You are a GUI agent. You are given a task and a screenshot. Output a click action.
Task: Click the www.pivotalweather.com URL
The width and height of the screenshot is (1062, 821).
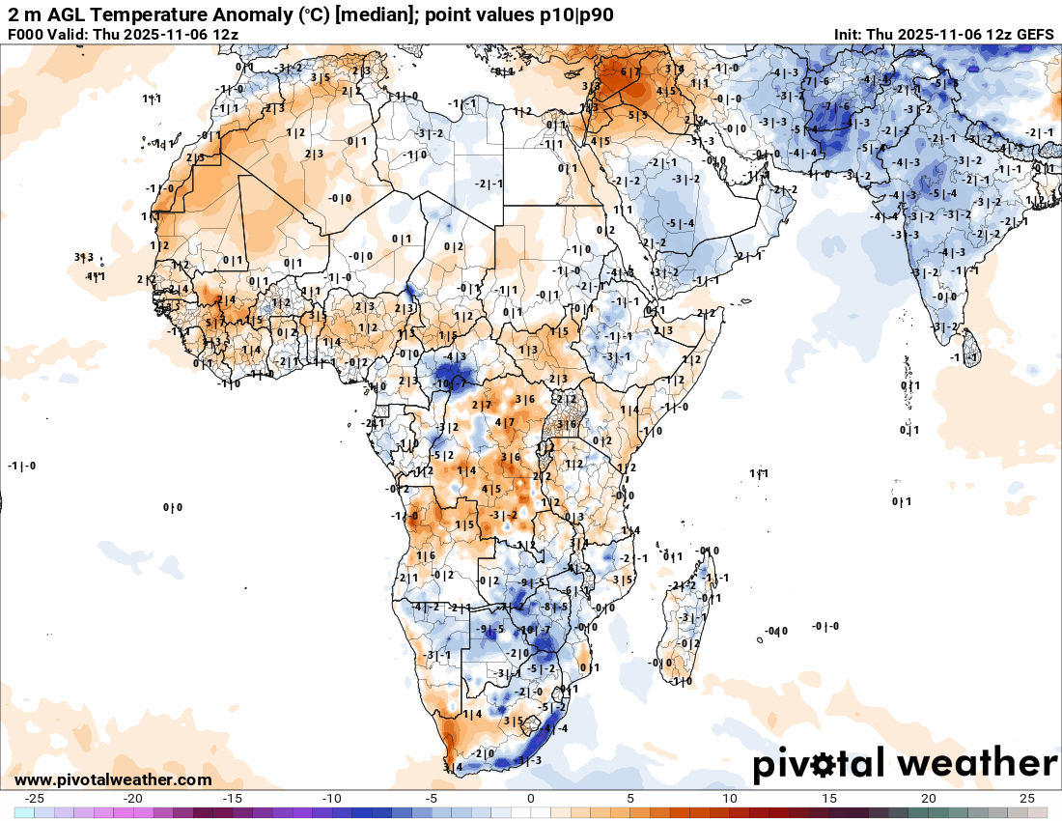point(113,779)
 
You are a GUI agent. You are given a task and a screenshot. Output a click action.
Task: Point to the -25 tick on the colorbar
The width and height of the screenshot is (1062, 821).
point(35,798)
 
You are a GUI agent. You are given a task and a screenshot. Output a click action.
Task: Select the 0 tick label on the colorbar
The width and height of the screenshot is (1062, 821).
point(531,798)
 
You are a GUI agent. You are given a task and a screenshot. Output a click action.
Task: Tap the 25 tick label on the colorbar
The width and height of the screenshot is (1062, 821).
point(1026,798)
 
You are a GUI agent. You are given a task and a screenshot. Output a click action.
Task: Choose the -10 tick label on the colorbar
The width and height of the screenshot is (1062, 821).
point(332,798)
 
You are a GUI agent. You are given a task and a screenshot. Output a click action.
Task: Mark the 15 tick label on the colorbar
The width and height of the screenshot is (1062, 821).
point(828,798)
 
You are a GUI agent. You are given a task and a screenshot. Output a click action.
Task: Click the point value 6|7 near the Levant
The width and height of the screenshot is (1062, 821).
point(630,72)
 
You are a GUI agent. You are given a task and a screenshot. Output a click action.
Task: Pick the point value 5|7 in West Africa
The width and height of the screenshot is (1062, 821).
point(214,323)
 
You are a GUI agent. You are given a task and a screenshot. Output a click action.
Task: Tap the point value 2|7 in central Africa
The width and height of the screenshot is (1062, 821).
point(482,405)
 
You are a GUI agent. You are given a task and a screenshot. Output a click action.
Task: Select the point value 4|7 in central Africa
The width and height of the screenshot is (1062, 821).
point(505,422)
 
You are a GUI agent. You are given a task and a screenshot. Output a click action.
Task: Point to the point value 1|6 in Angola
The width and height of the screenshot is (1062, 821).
point(426,555)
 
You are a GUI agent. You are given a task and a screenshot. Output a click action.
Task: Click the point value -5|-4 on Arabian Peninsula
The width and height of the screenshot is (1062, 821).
point(681,224)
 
